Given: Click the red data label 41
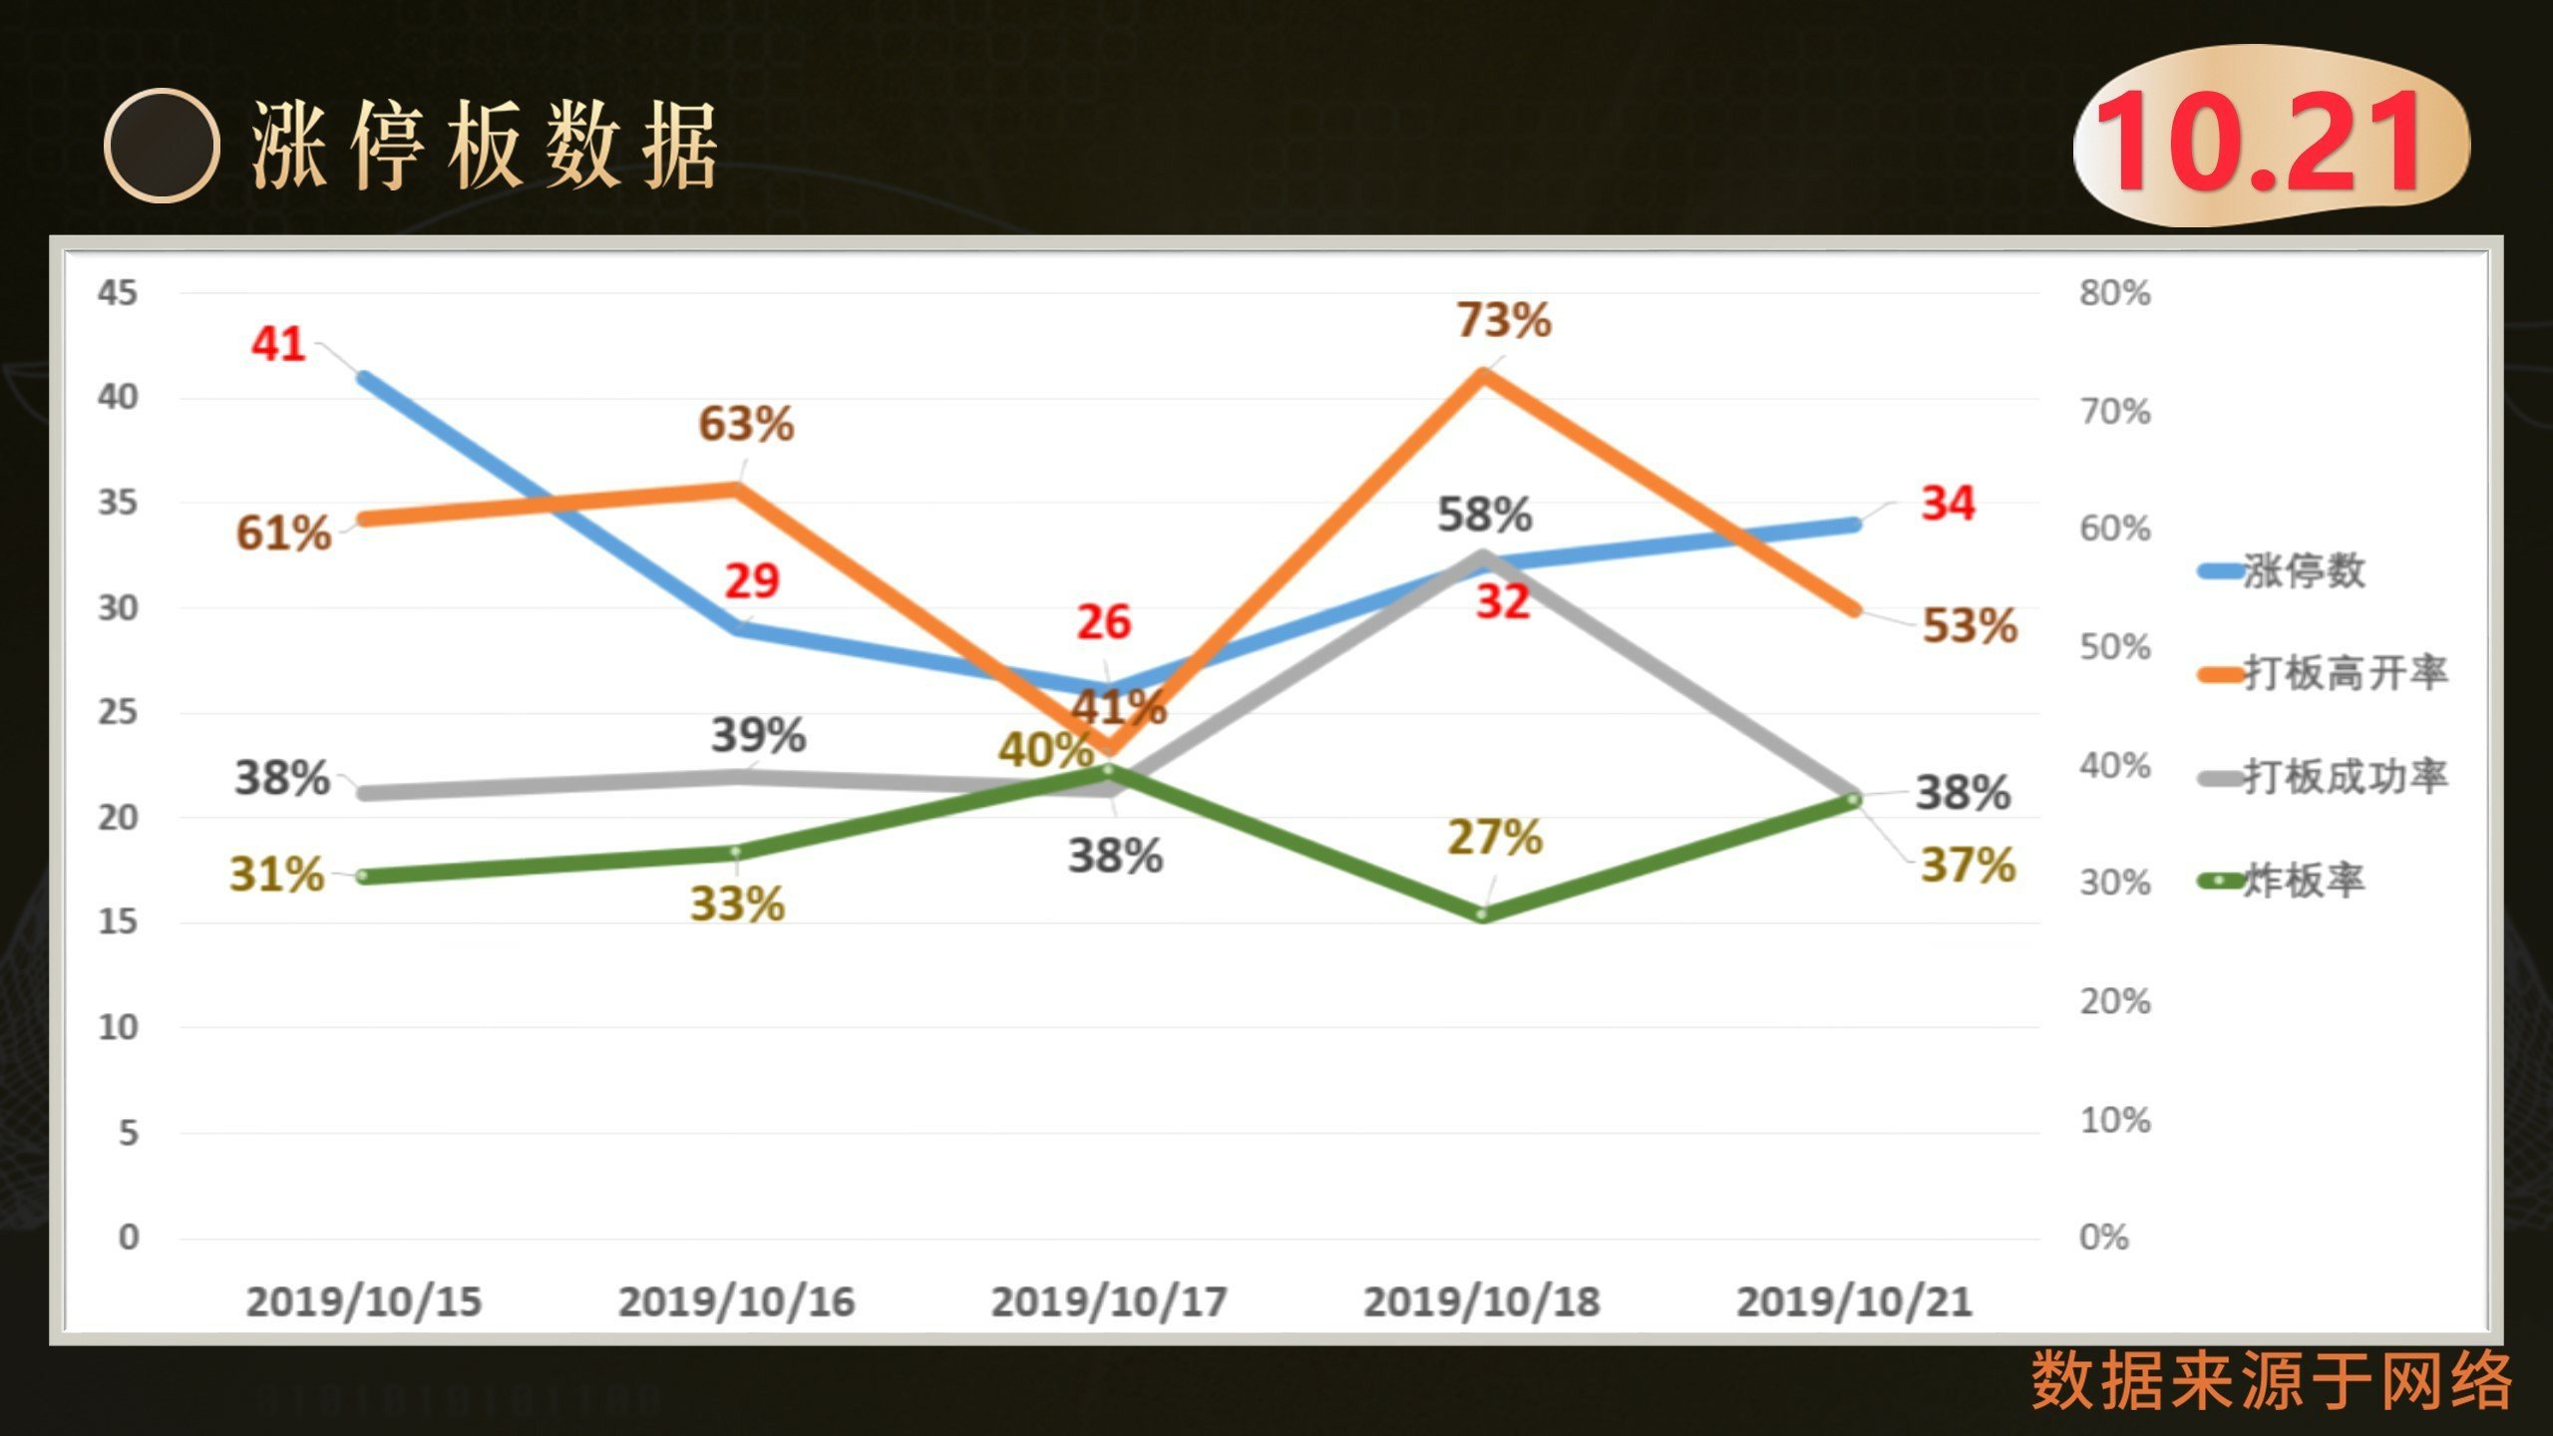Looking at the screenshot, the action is coord(277,344).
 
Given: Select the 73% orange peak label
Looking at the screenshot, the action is coord(1504,320).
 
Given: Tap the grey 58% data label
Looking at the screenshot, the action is coord(1485,515).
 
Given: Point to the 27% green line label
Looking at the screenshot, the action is coord(1495,838).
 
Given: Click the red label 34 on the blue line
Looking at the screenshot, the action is coord(1948,503).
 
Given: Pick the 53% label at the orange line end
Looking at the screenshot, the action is coord(1970,626).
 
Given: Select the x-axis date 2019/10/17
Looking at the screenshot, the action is coord(1109,1301).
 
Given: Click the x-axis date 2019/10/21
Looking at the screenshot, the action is coord(1855,1301).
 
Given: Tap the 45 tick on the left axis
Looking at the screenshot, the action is coord(118,292).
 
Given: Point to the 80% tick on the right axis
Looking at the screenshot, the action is coord(2115,293).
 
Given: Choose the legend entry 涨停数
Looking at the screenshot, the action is coord(2283,571).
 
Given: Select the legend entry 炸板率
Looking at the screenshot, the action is coord(2283,881).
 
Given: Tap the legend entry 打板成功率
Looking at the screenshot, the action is coord(2324,777).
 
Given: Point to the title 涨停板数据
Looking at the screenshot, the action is coord(485,146).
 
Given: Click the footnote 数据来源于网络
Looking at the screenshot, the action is coord(2272,1380).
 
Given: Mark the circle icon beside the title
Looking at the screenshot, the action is coord(162,146).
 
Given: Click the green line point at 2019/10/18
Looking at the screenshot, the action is coord(1482,914).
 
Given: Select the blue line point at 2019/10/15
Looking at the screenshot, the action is coord(365,379).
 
